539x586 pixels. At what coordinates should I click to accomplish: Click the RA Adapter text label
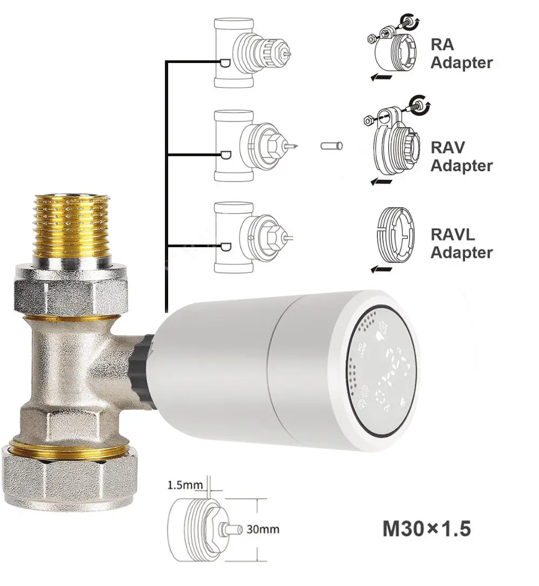click(x=461, y=53)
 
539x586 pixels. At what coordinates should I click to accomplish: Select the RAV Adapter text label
click(x=461, y=156)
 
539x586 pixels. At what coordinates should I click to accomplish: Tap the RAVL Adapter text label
click(x=461, y=243)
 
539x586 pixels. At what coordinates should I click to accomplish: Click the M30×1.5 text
click(x=426, y=528)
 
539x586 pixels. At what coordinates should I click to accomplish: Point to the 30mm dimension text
click(x=262, y=529)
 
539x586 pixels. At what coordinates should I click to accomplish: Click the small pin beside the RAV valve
click(x=331, y=145)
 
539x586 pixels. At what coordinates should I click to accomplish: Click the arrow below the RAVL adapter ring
click(x=382, y=269)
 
